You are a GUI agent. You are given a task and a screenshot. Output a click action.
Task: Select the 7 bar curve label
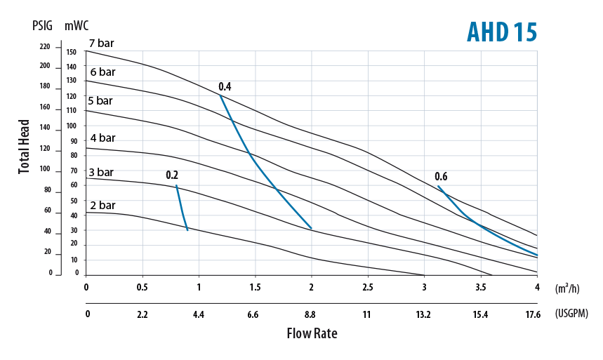pyautogui.click(x=102, y=44)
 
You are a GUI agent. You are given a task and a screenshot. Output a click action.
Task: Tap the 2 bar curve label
pyautogui.click(x=102, y=205)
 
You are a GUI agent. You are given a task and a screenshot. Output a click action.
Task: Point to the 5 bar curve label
pyautogui.click(x=100, y=100)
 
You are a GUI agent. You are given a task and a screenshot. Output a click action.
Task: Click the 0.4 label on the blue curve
pyautogui.click(x=225, y=87)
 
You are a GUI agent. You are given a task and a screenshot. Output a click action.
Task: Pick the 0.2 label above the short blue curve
pyautogui.click(x=172, y=175)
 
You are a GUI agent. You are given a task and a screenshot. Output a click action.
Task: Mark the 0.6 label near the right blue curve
pyautogui.click(x=441, y=176)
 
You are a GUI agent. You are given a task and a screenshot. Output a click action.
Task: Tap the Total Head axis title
pyautogui.click(x=25, y=147)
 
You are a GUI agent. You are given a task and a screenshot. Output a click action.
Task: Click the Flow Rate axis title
pyautogui.click(x=312, y=333)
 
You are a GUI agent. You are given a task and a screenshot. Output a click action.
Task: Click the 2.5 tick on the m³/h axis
pyautogui.click(x=367, y=288)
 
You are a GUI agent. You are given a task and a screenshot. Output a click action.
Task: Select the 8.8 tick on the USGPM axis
pyautogui.click(x=310, y=314)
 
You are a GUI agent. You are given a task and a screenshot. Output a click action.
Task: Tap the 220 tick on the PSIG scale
pyautogui.click(x=45, y=47)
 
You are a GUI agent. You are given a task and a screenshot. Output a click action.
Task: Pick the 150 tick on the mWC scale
pyautogui.click(x=71, y=52)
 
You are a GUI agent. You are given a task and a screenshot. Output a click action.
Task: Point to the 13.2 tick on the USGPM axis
pyautogui.click(x=423, y=314)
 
